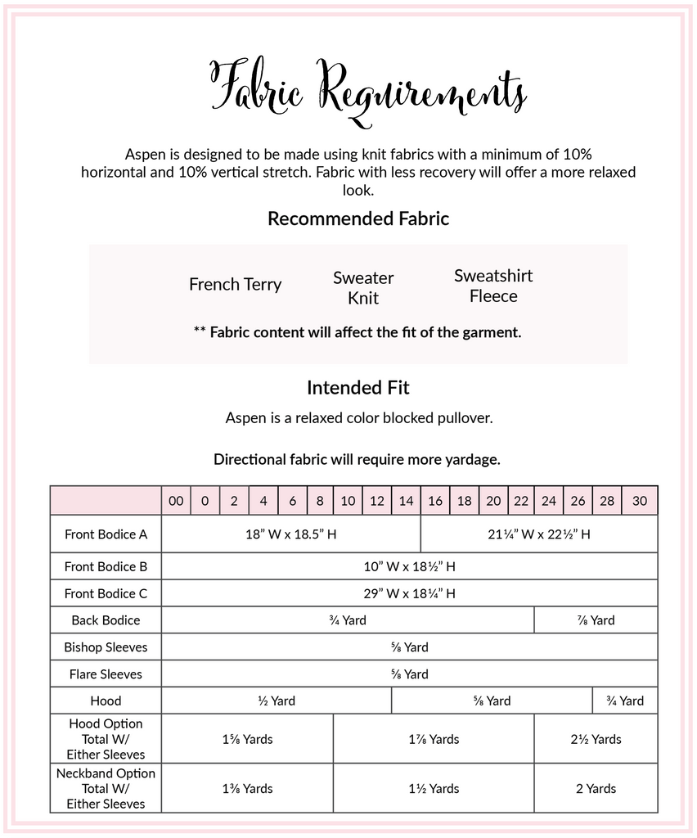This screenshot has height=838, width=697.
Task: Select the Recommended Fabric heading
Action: point(358,219)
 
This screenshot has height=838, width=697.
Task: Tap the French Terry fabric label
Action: point(235,285)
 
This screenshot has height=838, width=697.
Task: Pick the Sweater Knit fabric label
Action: point(363,287)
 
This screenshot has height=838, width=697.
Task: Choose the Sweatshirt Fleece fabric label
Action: point(493,286)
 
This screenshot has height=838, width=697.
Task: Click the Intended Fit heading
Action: point(358,387)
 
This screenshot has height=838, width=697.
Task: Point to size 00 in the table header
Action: point(176,501)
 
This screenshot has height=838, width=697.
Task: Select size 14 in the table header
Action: point(406,501)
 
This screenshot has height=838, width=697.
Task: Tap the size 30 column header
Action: point(640,501)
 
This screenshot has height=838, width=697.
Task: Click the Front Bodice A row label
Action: point(106,534)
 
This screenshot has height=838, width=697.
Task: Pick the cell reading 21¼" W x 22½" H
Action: point(538,534)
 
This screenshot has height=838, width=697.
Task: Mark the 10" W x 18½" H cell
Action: point(409,566)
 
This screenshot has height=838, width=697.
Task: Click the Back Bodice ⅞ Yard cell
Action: point(596,620)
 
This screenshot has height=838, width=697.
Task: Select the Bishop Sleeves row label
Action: point(106,647)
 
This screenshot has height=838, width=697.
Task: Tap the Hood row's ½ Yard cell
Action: point(277,701)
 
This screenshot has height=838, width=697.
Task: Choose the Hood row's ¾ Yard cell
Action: point(625,701)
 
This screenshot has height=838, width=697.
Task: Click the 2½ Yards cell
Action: point(596,739)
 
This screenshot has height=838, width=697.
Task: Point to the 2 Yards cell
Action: point(596,788)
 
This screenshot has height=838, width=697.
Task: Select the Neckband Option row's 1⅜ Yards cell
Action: point(247,788)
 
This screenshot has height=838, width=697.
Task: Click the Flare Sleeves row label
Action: point(106,674)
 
